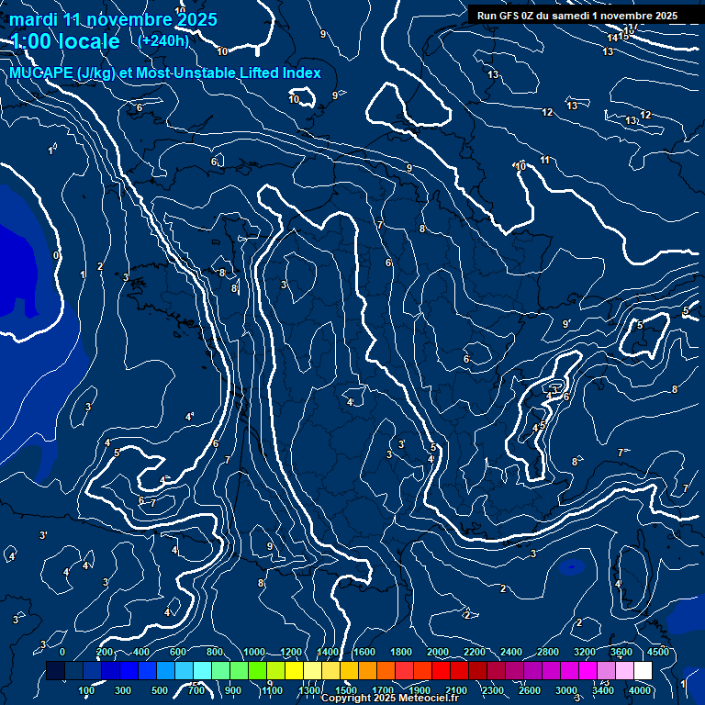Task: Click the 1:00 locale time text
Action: [x=65, y=41]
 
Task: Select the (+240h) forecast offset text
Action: [x=163, y=40]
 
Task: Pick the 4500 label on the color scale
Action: [x=657, y=652]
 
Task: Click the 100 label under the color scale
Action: [x=87, y=690]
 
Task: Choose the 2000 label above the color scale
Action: [x=437, y=652]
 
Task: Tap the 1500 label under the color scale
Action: [x=346, y=690]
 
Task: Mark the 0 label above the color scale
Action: [x=62, y=652]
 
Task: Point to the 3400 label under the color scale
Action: [x=602, y=690]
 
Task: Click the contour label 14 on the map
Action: [x=612, y=38]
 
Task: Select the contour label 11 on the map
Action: [x=544, y=161]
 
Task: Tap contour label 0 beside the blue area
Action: [x=56, y=255]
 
